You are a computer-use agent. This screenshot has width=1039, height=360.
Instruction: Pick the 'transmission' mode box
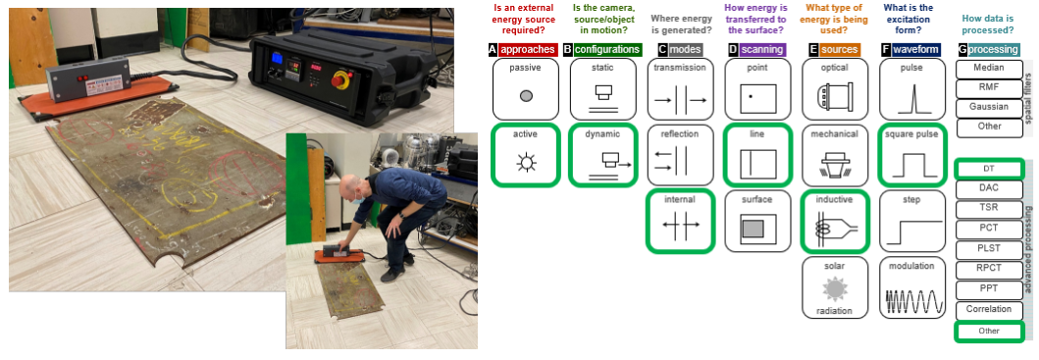pyautogui.click(x=680, y=89)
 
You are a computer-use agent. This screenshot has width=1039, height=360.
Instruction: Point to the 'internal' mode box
pyautogui.click(x=680, y=221)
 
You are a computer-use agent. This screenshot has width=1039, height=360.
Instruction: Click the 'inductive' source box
pyautogui.click(x=835, y=221)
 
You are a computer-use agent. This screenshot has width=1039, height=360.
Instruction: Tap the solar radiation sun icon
pyautogui.click(x=834, y=289)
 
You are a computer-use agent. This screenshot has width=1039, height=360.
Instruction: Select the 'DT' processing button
pyautogui.click(x=989, y=169)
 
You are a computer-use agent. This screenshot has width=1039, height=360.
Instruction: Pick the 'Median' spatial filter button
pyautogui.click(x=989, y=69)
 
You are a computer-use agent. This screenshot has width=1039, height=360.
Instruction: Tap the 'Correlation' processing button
pyautogui.click(x=989, y=310)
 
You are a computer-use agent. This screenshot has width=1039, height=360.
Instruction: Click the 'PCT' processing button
pyautogui.click(x=989, y=229)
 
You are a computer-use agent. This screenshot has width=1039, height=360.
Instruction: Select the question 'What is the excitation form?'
pyautogui.click(x=911, y=20)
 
